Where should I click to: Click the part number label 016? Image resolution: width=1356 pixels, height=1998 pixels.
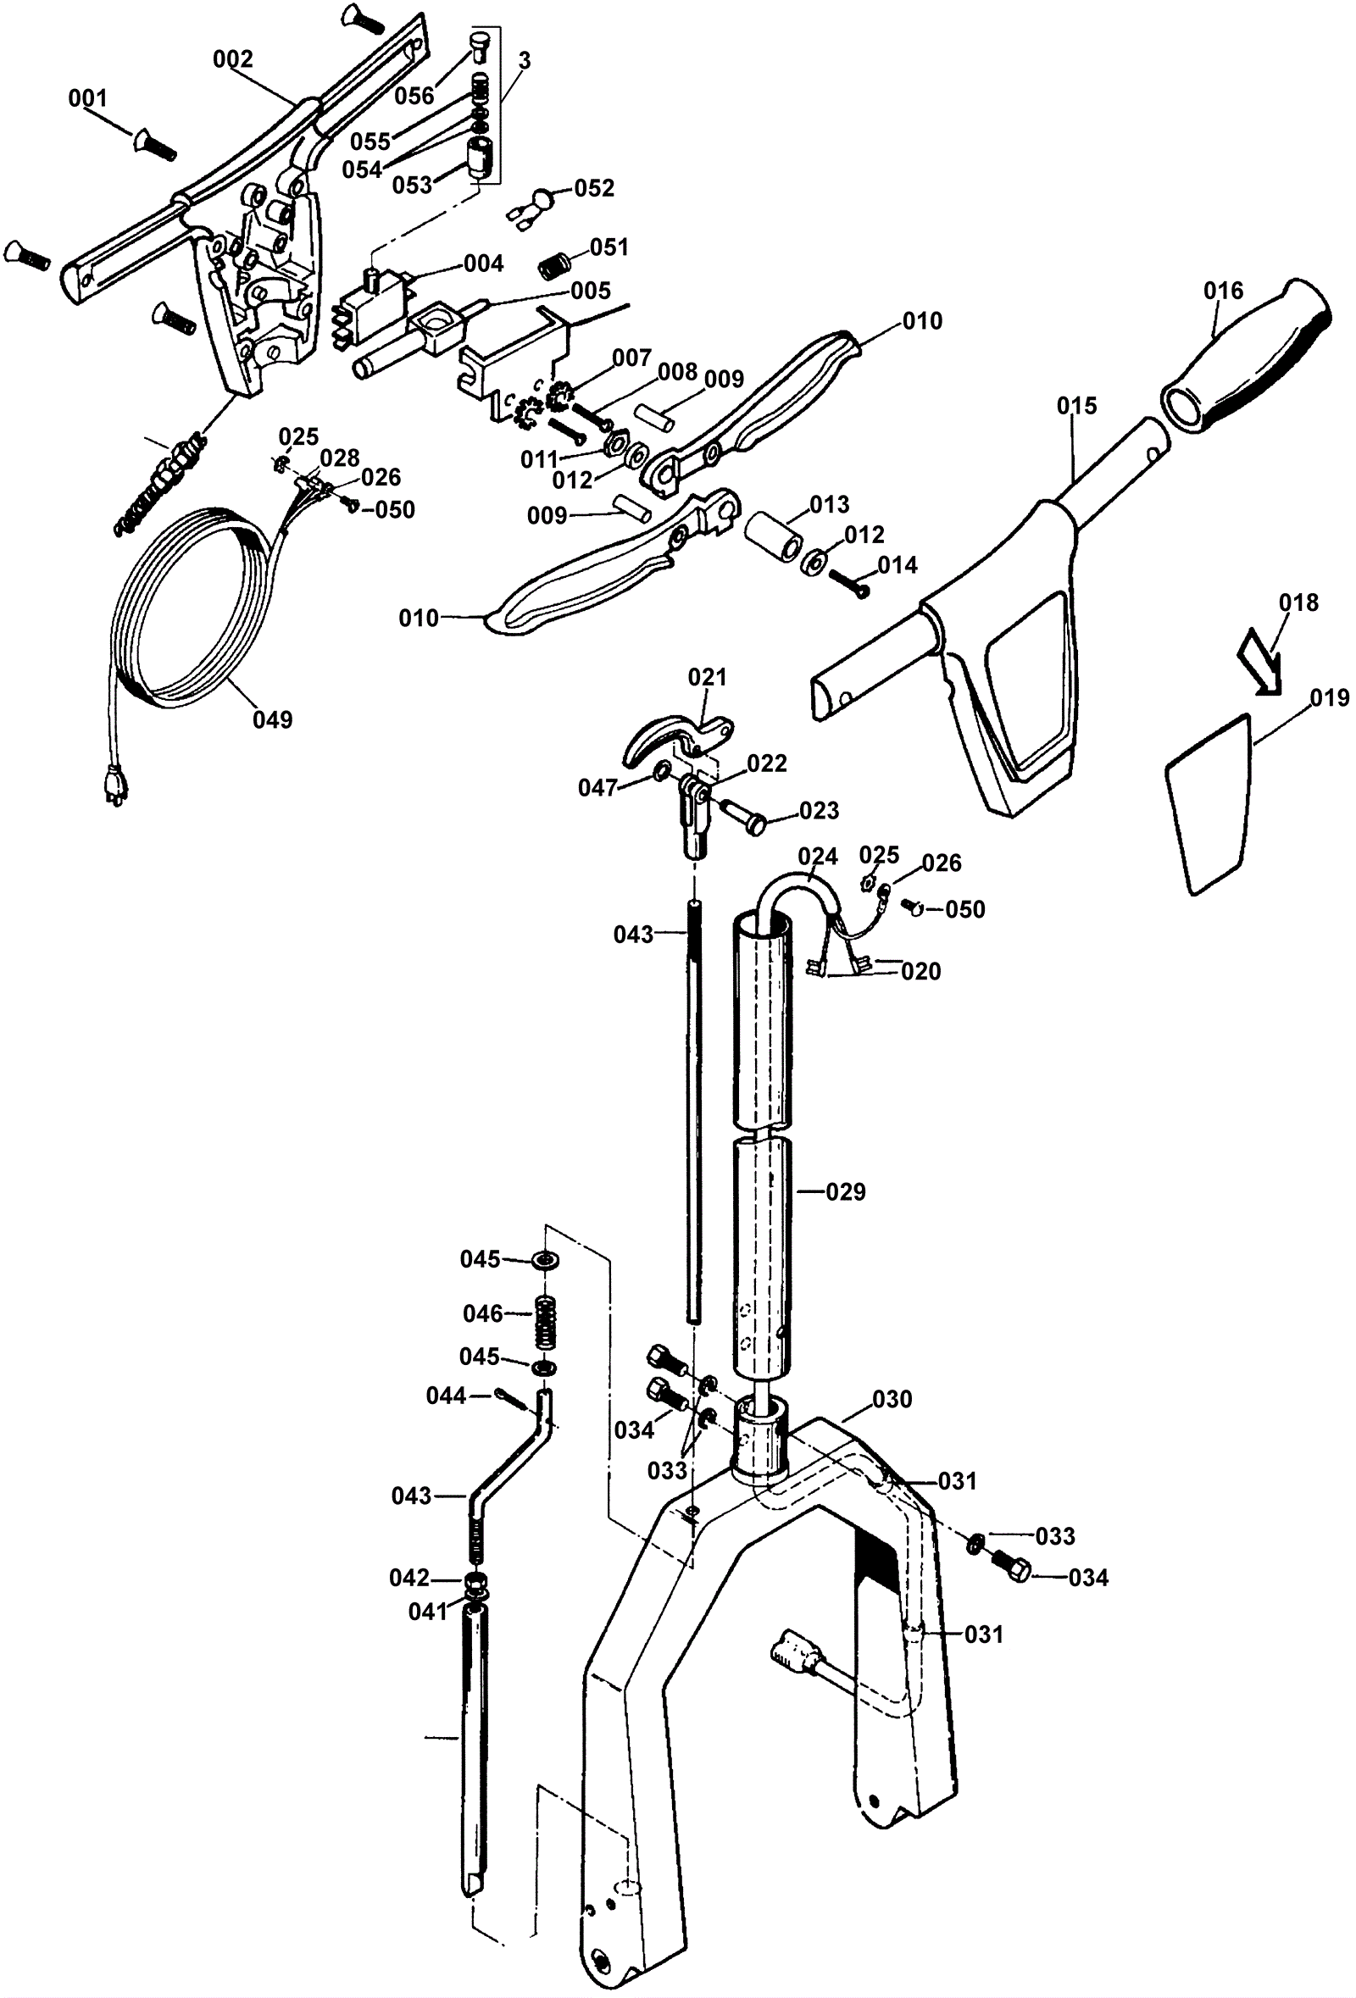click(1223, 291)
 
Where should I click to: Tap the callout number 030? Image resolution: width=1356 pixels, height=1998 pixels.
click(892, 1400)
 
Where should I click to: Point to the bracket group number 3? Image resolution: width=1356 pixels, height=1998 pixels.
click(524, 61)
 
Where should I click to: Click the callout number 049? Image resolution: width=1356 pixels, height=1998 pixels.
click(273, 719)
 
